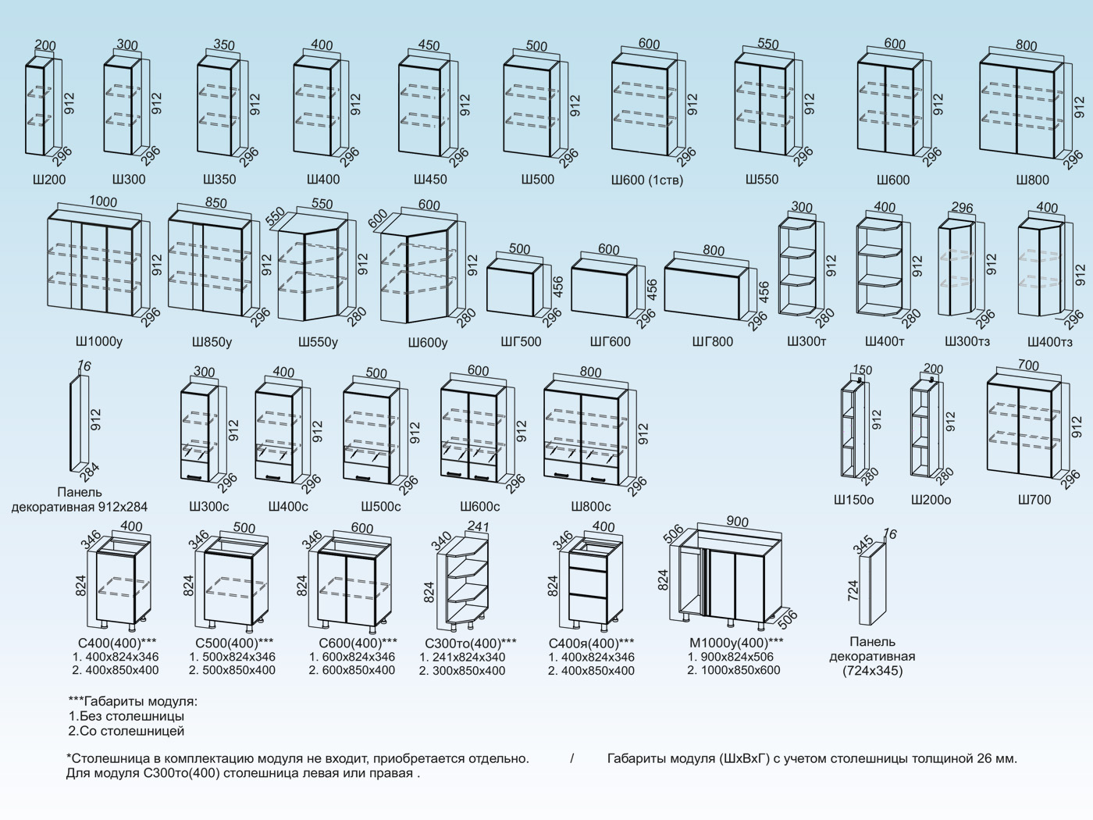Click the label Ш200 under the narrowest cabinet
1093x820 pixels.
coord(49,180)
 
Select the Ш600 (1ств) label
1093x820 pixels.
coord(646,180)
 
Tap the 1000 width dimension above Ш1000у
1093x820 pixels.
coord(102,202)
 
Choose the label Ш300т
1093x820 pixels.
coord(806,341)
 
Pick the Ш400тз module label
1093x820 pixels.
coord(1049,342)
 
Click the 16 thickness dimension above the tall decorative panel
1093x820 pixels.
coord(84,365)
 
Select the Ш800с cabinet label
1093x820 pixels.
coord(591,506)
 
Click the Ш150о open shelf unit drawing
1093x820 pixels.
coord(850,430)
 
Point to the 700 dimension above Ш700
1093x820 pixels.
coord(1028,365)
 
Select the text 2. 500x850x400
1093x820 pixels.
coord(232,670)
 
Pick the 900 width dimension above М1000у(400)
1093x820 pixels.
coord(736,522)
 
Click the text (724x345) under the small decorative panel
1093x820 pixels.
coord(871,671)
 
